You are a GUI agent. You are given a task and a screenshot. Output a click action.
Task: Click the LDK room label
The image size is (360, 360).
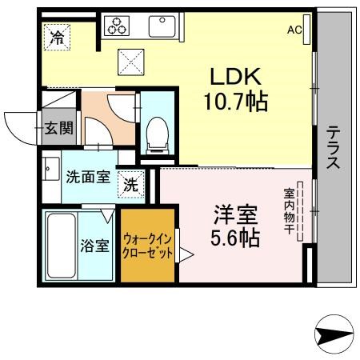pyautogui.click(x=236, y=77)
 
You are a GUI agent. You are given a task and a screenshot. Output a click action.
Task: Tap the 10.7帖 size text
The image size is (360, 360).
pyautogui.click(x=236, y=102)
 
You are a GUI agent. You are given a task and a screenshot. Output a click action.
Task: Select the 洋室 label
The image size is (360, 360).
pyautogui.click(x=236, y=214)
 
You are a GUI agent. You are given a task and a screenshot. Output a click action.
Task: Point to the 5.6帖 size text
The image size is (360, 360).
pyautogui.click(x=235, y=238)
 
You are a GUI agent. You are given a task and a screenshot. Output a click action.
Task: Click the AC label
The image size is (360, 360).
pyautogui.click(x=294, y=30)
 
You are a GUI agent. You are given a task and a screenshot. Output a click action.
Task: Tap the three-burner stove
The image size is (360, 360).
pyautogui.click(x=117, y=26)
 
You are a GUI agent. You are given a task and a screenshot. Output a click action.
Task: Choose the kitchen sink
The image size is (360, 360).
pyautogui.click(x=162, y=26)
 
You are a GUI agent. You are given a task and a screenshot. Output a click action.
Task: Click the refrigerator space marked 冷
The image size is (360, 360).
pyautogui.click(x=58, y=38)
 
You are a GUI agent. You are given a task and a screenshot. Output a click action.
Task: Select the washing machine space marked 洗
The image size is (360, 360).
pyautogui.click(x=131, y=185)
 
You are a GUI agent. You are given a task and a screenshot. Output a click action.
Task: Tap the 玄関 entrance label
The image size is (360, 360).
pyautogui.click(x=58, y=128)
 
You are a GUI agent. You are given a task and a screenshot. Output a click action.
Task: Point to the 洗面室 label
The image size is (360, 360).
pyautogui.click(x=88, y=177)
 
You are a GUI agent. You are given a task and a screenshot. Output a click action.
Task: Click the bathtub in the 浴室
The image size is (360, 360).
pyautogui.click(x=62, y=246)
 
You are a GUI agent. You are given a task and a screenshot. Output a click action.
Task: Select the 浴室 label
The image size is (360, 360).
pyautogui.click(x=95, y=246)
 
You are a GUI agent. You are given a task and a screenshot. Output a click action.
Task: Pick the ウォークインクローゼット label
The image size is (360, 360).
pyautogui.click(x=147, y=246)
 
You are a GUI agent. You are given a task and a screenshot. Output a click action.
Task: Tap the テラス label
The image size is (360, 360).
pyautogui.click(x=334, y=147)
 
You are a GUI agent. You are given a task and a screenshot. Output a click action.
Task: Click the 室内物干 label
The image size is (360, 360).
pyautogui.click(x=289, y=211)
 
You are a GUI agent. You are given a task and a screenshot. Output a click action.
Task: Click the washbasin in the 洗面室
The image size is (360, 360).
pyautogui.click(x=51, y=169)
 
